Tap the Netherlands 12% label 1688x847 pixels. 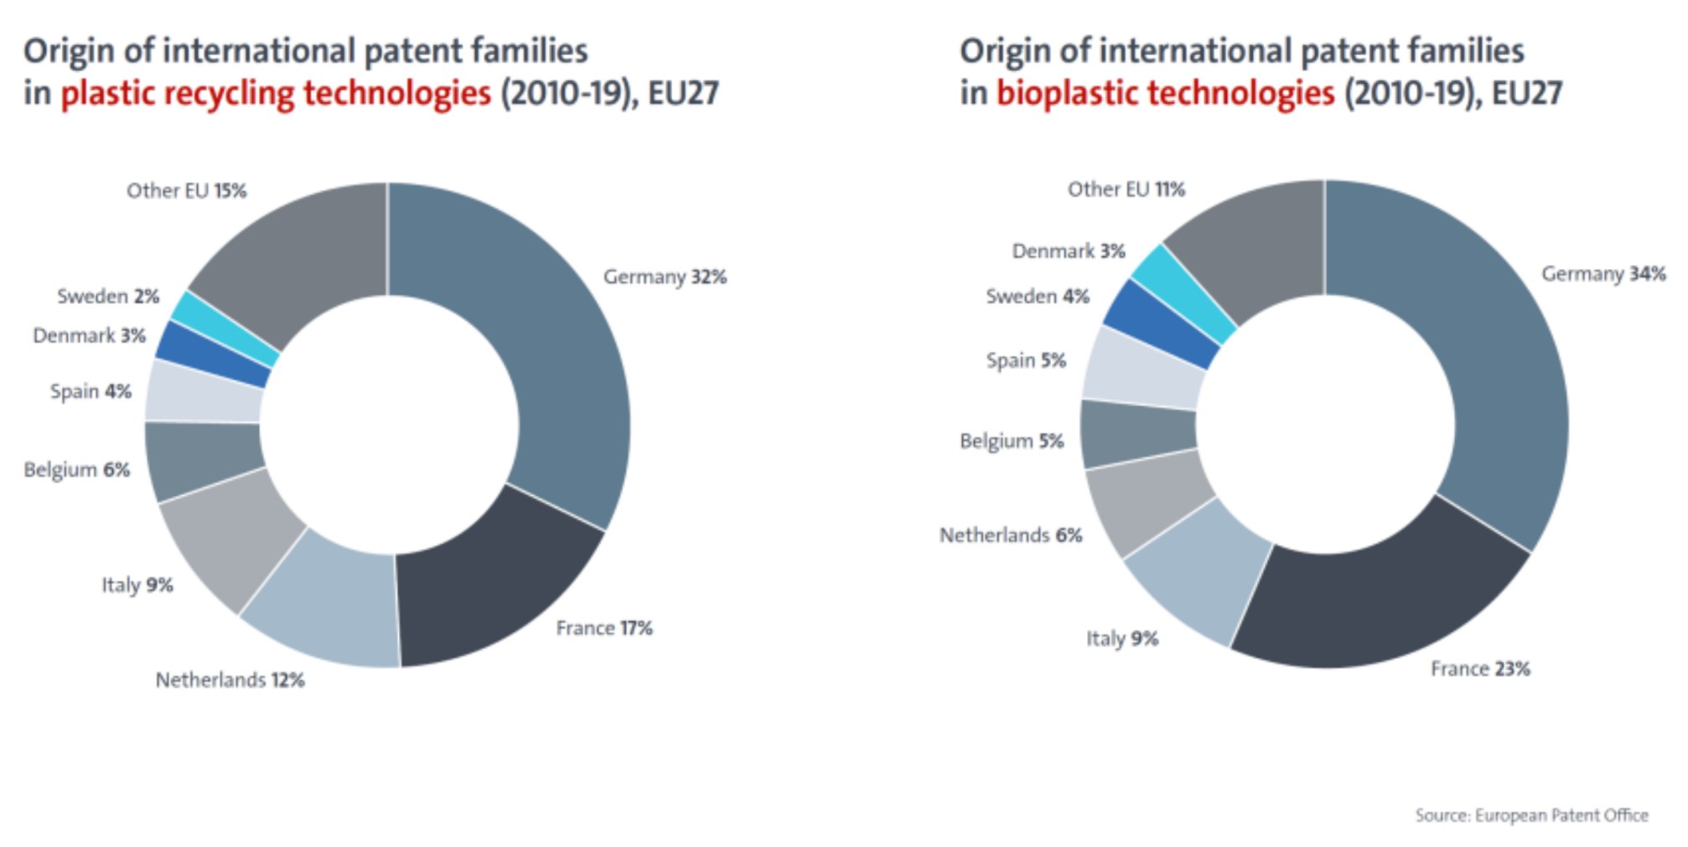pos(230,679)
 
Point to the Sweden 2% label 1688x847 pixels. pos(108,296)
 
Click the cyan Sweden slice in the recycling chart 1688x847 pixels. pos(225,328)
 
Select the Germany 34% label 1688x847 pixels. pos(1603,274)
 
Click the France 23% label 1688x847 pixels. pos(1480,669)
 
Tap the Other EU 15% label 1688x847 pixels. pos(186,191)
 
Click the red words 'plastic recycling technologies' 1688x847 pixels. pos(276,93)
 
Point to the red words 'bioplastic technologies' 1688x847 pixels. pos(1165,93)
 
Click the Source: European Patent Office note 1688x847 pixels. pos(1531,815)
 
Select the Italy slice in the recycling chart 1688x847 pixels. pos(230,545)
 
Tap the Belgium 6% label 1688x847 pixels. pos(77,469)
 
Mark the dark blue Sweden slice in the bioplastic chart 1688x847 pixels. pos(1161,323)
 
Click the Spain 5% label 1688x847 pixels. pos(1026,360)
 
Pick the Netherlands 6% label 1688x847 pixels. pos(1011,535)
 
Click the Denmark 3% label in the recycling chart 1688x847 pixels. pos(89,336)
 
